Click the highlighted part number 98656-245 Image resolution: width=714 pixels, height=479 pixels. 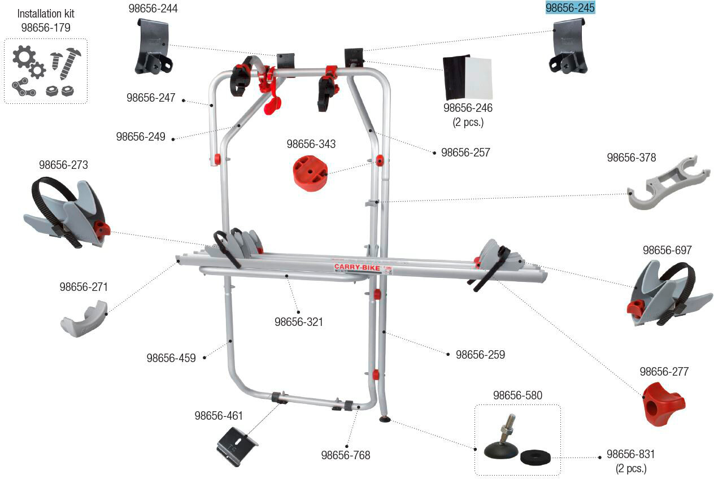pyautogui.click(x=570, y=8)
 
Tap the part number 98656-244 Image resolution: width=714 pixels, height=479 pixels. pyautogui.click(x=153, y=8)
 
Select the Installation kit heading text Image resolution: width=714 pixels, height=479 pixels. pyautogui.click(x=46, y=14)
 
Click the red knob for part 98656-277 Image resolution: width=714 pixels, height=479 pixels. pyautogui.click(x=664, y=404)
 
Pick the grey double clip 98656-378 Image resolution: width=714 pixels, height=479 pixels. pyautogui.click(x=668, y=182)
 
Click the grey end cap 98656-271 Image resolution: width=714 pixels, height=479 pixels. pyautogui.click(x=84, y=319)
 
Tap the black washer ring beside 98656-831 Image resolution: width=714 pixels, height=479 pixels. pyautogui.click(x=535, y=457)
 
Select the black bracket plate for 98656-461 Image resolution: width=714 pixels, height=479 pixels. pyautogui.click(x=237, y=446)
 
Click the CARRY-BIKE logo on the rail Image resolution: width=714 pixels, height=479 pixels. pyautogui.click(x=357, y=267)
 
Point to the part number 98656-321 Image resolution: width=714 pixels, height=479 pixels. pyautogui.click(x=299, y=322)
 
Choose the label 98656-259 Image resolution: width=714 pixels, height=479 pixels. pyautogui.click(x=480, y=355)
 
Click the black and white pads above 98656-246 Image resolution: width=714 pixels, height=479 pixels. pyautogui.click(x=468, y=77)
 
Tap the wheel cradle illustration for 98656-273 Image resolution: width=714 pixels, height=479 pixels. pyautogui.click(x=67, y=212)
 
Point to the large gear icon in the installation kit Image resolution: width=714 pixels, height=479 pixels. pyautogui.click(x=24, y=56)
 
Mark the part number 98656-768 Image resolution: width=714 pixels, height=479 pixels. pyautogui.click(x=346, y=455)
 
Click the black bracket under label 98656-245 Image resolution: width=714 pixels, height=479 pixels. pyautogui.click(x=568, y=46)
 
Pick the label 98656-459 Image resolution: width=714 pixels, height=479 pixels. pyautogui.click(x=171, y=358)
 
